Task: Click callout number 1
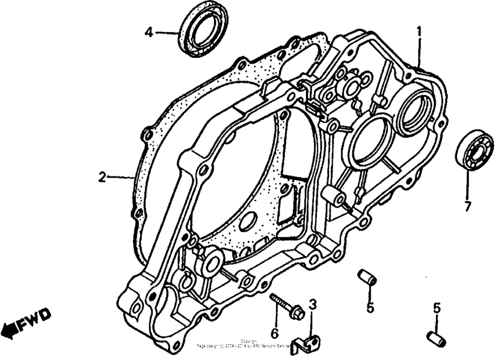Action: point(419,30)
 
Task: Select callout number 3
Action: point(313,304)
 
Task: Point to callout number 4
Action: point(149,33)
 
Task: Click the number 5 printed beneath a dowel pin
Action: point(370,306)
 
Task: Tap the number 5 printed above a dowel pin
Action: point(436,307)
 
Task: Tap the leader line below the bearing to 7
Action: point(468,184)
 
